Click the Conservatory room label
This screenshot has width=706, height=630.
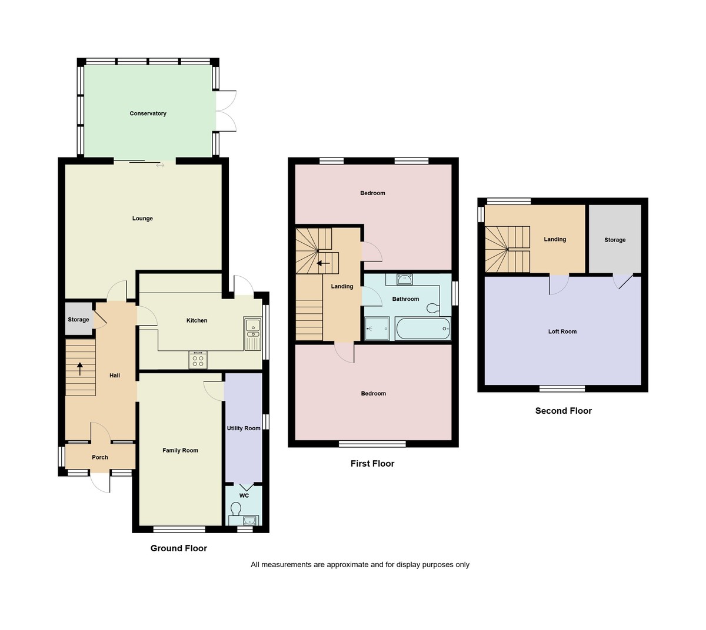pyautogui.click(x=148, y=113)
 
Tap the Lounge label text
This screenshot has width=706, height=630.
pyautogui.click(x=142, y=219)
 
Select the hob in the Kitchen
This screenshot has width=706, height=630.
pyautogui.click(x=198, y=359)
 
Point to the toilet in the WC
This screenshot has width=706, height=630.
pyautogui.click(x=237, y=507)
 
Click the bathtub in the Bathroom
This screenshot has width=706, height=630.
pyautogui.click(x=423, y=329)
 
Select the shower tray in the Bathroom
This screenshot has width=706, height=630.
pyautogui.click(x=377, y=328)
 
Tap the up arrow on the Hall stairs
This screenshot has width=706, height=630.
pyautogui.click(x=80, y=369)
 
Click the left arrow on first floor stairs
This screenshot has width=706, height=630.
pyautogui.click(x=323, y=263)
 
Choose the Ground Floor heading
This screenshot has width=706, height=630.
pyautogui.click(x=179, y=548)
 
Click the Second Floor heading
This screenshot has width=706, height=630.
pyautogui.click(x=563, y=411)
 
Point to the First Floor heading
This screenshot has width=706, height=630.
pyautogui.click(x=372, y=464)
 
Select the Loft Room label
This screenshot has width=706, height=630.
pyautogui.click(x=562, y=331)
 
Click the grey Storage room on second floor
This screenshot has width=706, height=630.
pyautogui.click(x=615, y=239)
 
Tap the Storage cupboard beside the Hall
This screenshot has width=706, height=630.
pyautogui.click(x=78, y=319)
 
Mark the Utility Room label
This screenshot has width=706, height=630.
pyautogui.click(x=244, y=428)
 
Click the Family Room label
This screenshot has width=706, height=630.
pyautogui.click(x=180, y=450)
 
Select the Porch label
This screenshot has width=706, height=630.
pyautogui.click(x=100, y=457)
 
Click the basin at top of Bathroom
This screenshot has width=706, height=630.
pyautogui.click(x=405, y=279)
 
